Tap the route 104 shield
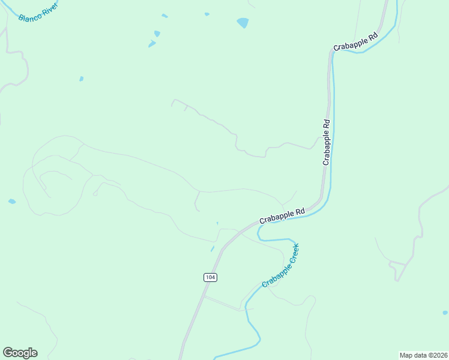(x=209, y=277)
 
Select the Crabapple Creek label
(x=280, y=265)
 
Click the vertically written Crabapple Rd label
(x=327, y=143)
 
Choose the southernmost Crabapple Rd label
(x=282, y=216)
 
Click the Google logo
(x=20, y=353)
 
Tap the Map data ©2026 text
(x=423, y=355)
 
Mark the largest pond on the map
(x=243, y=23)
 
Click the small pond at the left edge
(x=12, y=202)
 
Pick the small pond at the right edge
(x=445, y=313)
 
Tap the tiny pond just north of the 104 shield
(x=212, y=248)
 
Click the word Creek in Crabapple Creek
(x=292, y=253)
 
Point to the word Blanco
(x=29, y=15)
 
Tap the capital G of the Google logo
(x=8, y=353)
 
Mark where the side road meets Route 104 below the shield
(x=203, y=296)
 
